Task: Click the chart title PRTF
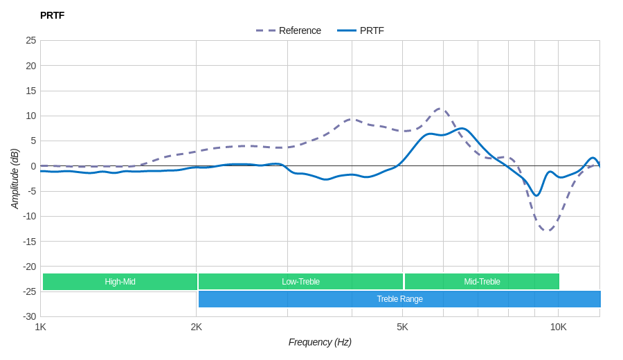click(x=52, y=15)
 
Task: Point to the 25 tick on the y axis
click(x=31, y=40)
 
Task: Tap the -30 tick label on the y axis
click(x=30, y=316)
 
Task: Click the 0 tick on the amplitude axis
click(x=33, y=166)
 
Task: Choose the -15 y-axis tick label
click(x=30, y=241)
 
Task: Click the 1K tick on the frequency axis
click(x=41, y=327)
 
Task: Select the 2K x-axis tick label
click(x=197, y=327)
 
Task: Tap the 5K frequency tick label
click(x=402, y=327)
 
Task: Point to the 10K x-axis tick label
click(x=558, y=327)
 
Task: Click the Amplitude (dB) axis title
click(x=15, y=179)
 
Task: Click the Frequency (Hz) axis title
click(x=320, y=342)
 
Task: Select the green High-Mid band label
click(x=120, y=282)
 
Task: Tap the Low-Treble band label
click(x=300, y=282)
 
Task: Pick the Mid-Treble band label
click(x=482, y=282)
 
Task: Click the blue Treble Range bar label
click(x=399, y=299)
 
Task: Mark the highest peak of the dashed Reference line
click(x=440, y=109)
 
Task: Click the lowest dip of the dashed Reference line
click(x=548, y=230)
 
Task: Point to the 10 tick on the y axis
click(x=31, y=116)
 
